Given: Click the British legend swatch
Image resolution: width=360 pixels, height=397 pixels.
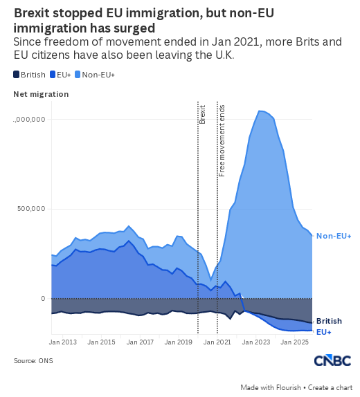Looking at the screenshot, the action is (16, 75).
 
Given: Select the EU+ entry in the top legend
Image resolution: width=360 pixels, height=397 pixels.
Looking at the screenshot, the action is (60, 75).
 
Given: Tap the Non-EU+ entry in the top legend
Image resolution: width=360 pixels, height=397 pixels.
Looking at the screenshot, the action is (95, 75).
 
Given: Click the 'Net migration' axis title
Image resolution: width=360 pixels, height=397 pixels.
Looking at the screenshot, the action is (41, 94).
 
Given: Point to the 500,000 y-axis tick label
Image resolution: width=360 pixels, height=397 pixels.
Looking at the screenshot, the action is (31, 209).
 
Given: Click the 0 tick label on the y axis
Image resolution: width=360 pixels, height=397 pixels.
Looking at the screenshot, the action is (43, 299).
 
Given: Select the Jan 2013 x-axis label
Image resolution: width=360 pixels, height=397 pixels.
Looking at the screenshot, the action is (62, 342).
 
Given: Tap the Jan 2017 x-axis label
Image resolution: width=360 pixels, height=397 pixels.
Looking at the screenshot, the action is (140, 342).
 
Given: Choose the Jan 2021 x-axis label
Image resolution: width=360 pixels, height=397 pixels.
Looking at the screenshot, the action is (217, 342).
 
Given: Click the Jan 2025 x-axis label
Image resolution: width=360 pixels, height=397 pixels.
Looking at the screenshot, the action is (295, 342).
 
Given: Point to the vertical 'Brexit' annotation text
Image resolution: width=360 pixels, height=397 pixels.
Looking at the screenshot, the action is (202, 114).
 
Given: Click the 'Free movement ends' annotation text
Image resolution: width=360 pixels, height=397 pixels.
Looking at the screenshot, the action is (222, 141).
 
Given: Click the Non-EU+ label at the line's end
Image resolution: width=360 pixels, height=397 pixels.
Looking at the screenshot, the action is (334, 236).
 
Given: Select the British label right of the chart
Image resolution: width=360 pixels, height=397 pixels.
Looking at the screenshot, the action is (329, 321).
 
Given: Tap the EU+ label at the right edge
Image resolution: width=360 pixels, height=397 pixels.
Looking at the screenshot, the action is (324, 332).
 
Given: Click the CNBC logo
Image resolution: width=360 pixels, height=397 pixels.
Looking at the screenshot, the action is (332, 360).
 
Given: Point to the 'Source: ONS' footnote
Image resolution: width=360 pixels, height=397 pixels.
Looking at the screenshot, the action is (33, 361).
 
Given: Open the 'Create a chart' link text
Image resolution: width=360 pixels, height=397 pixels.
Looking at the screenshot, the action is (330, 387).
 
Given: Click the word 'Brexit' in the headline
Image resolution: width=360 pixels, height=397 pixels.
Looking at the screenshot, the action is (32, 13).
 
